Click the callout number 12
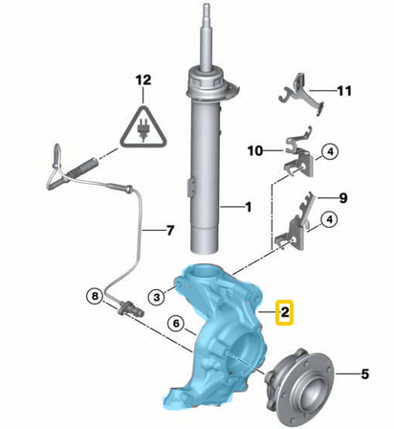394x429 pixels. coord(142,81)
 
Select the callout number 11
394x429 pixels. coord(343,91)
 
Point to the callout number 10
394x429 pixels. coord(254,150)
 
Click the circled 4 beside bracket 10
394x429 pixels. coord(328,151)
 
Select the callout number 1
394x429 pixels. coord(248,206)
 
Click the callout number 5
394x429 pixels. coord(362,373)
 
